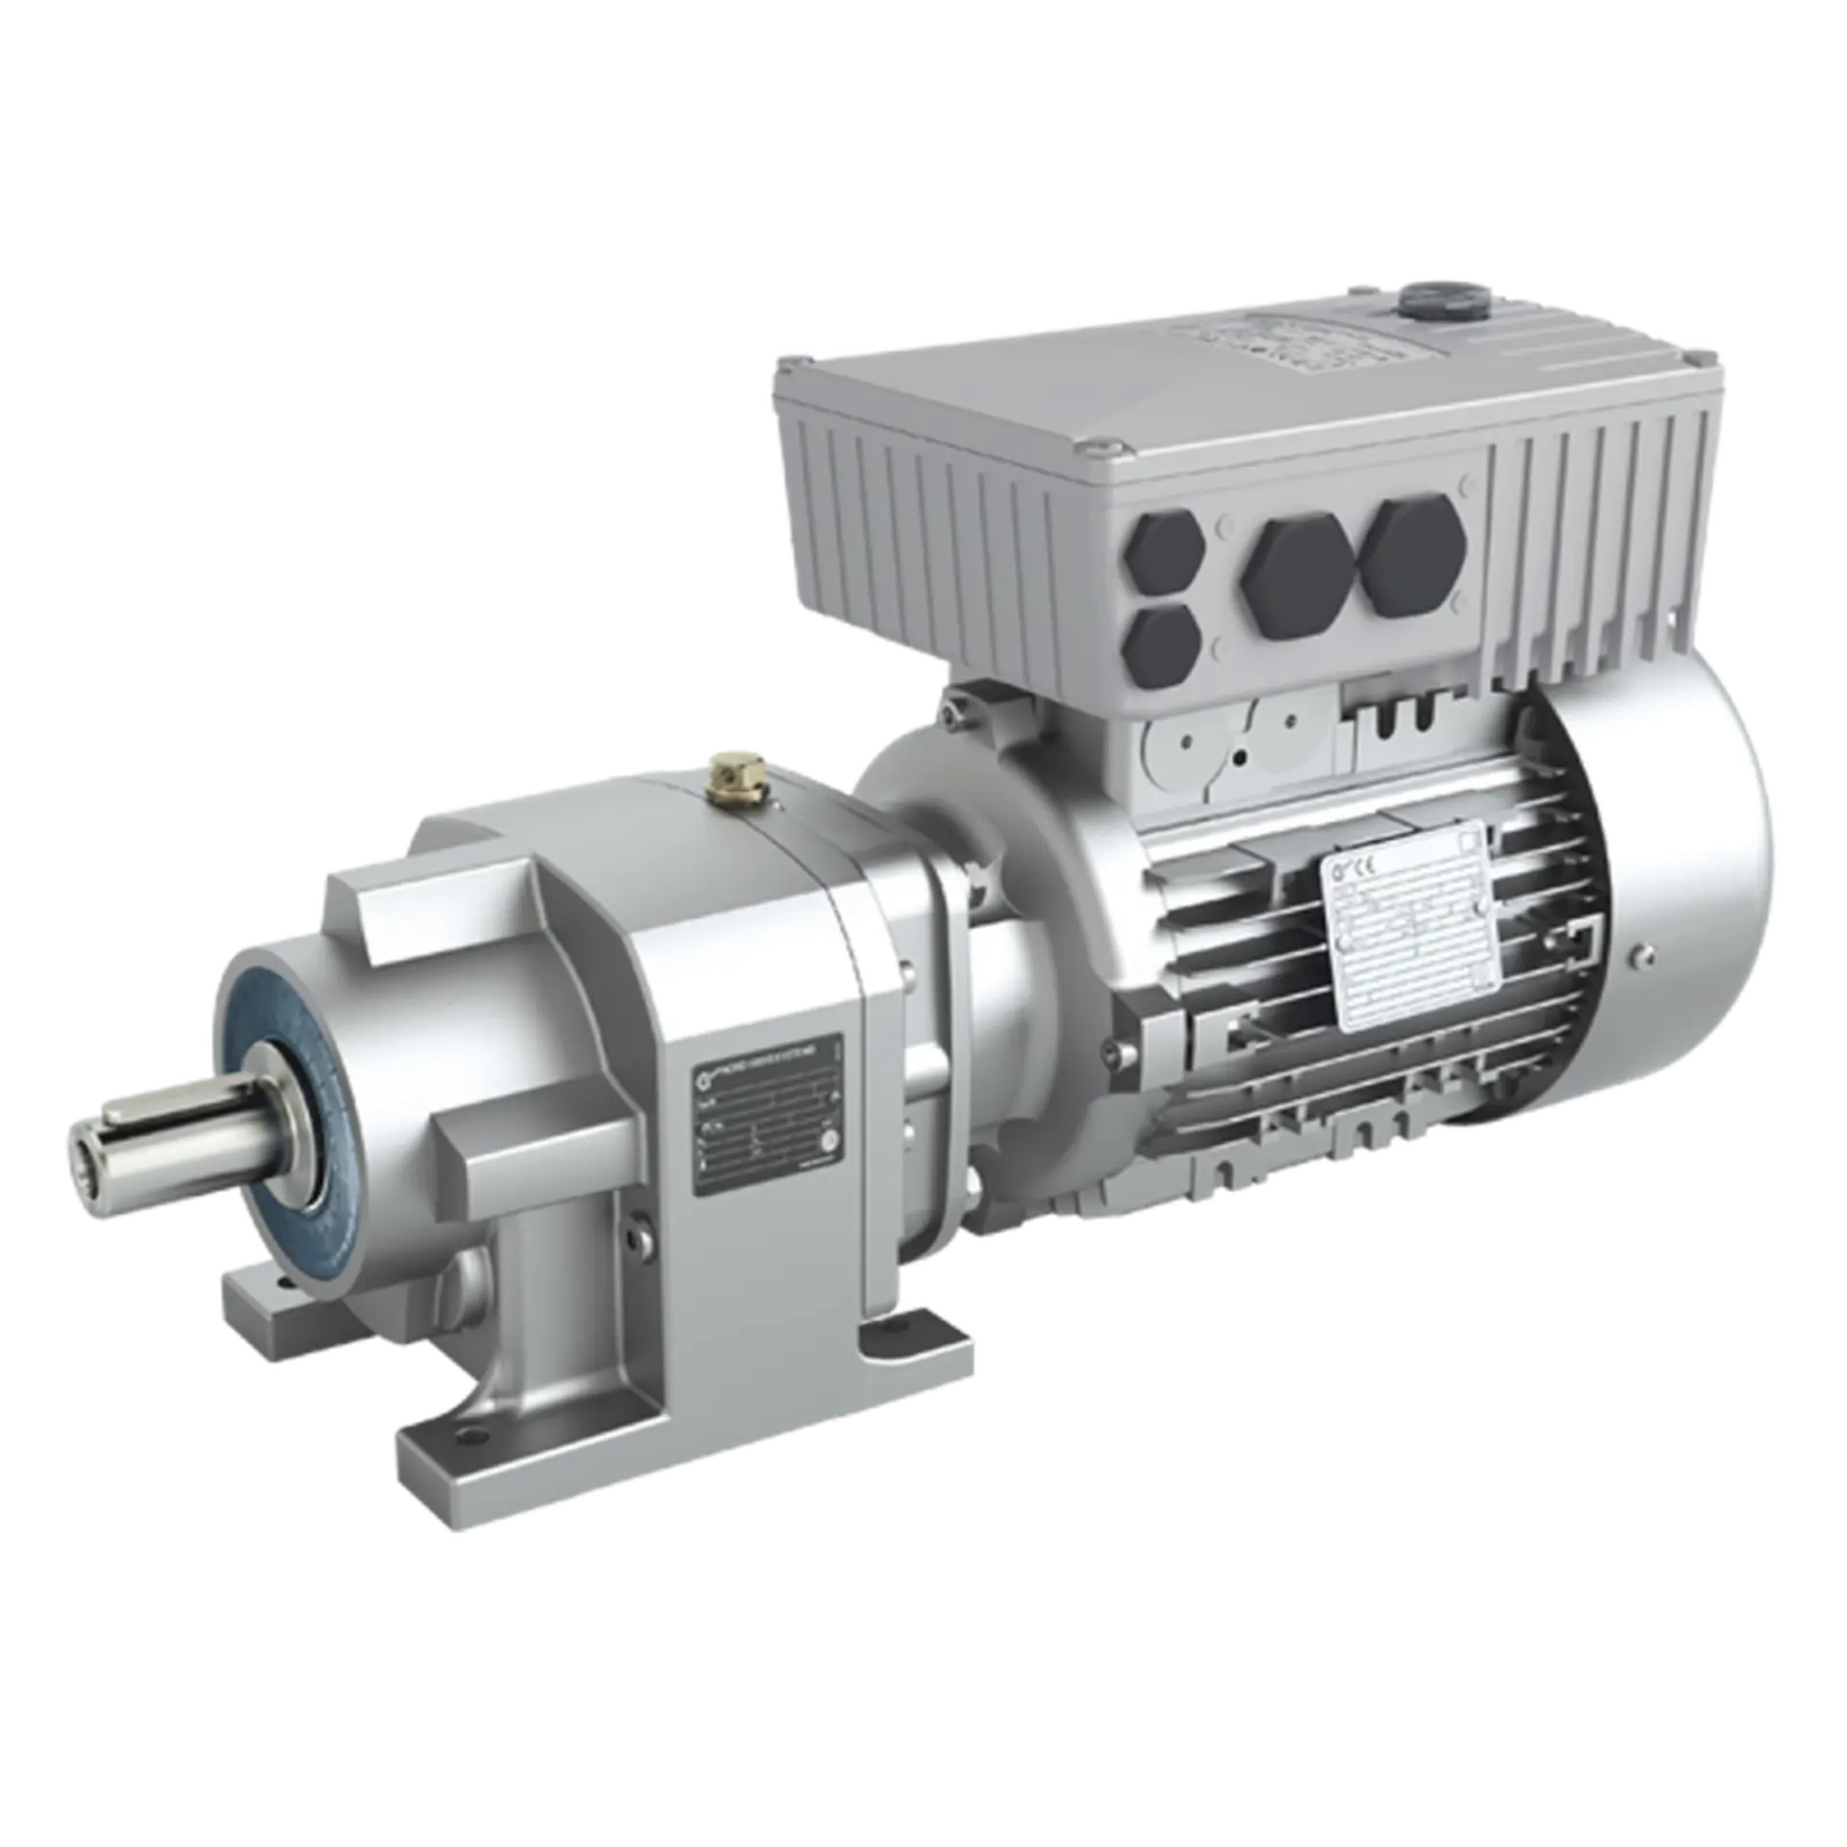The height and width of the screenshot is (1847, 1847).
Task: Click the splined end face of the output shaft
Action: (83, 1165)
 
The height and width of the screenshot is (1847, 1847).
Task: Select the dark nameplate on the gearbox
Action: (769, 1111)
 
